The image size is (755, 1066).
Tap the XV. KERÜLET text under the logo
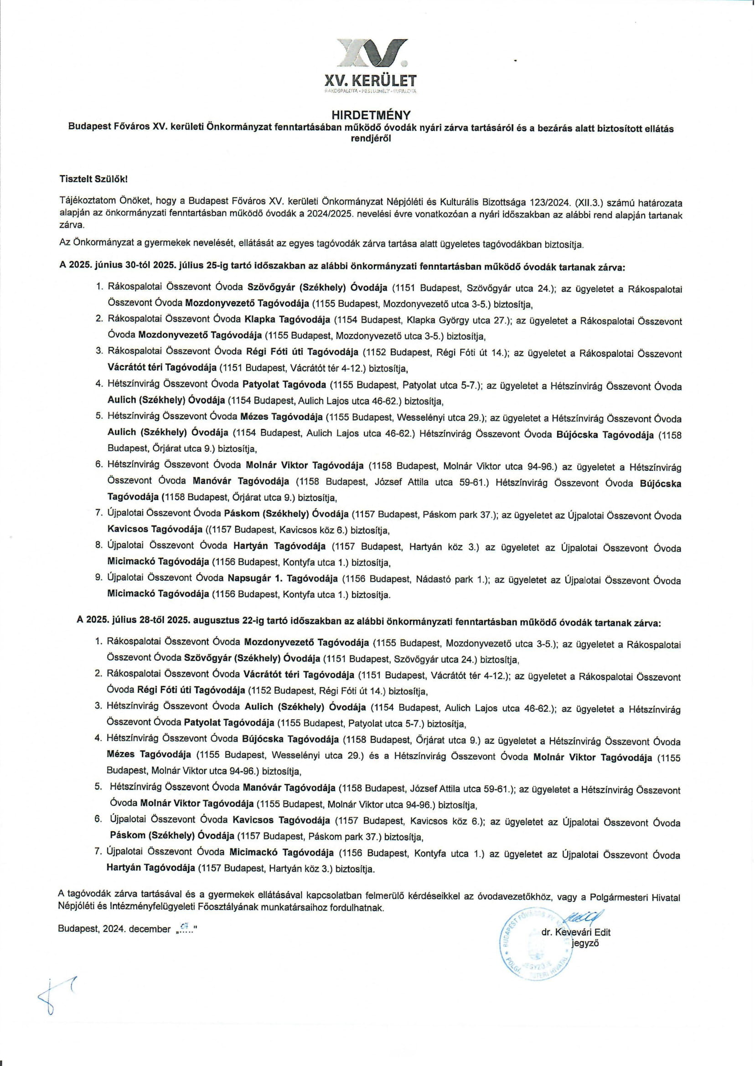[x=377, y=80]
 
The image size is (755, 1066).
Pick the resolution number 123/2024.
[x=551, y=202]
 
